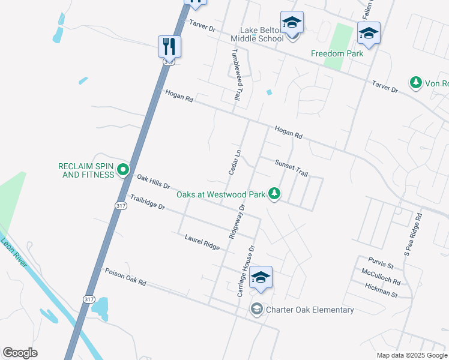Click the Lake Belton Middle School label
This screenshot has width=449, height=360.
point(262,34)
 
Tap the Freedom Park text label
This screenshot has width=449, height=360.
point(337,53)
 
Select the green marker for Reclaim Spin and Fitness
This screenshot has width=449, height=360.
point(123,170)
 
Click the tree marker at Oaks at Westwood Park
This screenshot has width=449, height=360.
point(274,193)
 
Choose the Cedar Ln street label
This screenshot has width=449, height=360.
point(235,162)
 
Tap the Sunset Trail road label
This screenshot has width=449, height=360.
point(291,168)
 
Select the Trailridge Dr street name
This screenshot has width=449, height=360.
point(148,202)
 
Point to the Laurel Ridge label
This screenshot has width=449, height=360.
point(202,242)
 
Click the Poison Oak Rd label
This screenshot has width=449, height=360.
point(125,277)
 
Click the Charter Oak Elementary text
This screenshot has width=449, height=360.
point(310,310)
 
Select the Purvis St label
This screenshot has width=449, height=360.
point(382,265)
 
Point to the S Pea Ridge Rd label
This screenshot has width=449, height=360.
point(413,235)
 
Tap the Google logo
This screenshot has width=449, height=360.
point(20,353)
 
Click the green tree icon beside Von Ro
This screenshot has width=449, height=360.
point(415,82)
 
